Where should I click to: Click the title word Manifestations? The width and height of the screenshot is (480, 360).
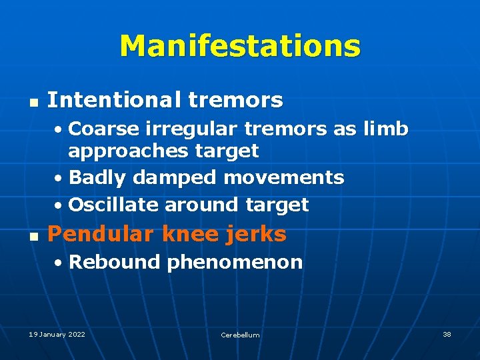click(x=240, y=46)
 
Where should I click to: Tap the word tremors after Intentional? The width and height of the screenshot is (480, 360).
click(x=235, y=101)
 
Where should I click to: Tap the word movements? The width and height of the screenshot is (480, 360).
click(x=284, y=177)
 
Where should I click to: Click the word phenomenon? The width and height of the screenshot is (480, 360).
click(x=235, y=262)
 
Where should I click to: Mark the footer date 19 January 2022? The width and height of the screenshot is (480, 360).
click(x=57, y=334)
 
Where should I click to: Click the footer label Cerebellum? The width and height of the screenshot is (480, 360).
click(x=240, y=335)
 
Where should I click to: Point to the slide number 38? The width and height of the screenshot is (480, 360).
click(x=447, y=334)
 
